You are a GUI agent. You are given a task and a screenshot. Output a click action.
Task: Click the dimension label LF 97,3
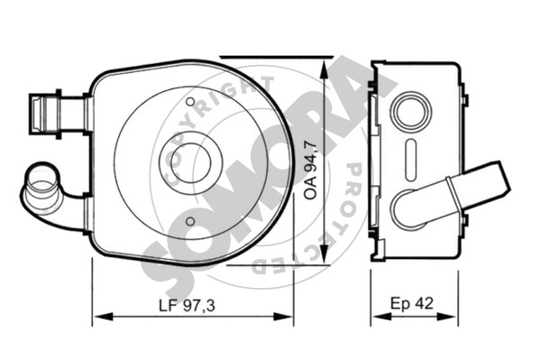[187, 305]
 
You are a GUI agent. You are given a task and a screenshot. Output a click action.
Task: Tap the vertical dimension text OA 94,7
[311, 170]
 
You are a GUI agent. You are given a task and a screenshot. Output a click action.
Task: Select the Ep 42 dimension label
[412, 303]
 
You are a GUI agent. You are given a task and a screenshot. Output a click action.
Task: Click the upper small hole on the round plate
[190, 102]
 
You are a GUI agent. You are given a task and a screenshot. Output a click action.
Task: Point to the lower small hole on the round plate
[190, 221]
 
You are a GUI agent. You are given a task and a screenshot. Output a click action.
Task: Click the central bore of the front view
[190, 162]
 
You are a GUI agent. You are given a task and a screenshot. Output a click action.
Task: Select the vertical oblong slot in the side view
[411, 160]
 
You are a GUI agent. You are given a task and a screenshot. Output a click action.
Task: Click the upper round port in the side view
[410, 111]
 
